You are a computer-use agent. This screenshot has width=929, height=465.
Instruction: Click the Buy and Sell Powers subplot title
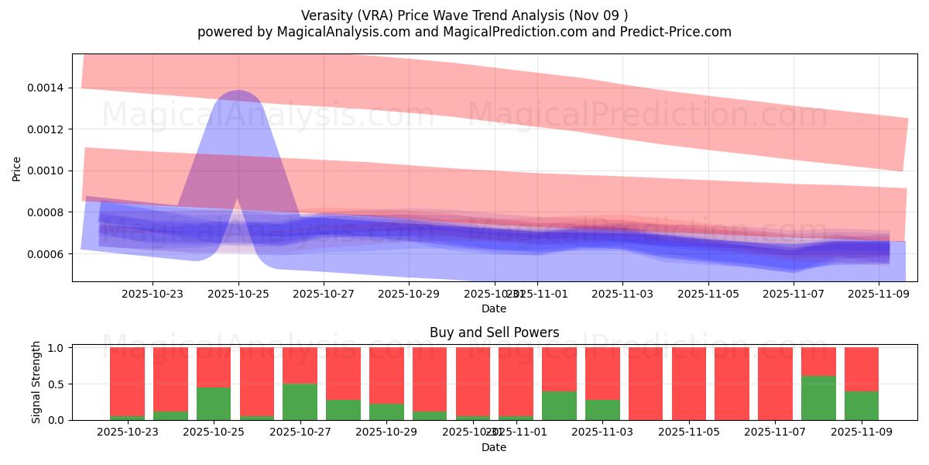[x=494, y=332]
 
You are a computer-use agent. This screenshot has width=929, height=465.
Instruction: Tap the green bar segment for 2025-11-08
[x=818, y=398]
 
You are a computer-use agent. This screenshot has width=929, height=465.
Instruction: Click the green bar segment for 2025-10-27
[x=300, y=401]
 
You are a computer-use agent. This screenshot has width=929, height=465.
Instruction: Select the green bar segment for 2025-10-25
[x=214, y=403]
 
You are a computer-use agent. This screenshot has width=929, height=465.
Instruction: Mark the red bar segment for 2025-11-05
[x=689, y=384]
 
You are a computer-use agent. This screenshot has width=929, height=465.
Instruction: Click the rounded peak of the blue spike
[x=237, y=95]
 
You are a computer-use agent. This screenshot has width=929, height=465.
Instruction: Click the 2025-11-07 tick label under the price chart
[x=794, y=294]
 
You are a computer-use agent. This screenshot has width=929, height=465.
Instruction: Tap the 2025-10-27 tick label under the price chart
[x=324, y=294]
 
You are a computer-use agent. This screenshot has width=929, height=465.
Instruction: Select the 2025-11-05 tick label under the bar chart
[x=708, y=432]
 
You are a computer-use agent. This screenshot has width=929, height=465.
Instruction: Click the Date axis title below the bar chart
[x=494, y=447]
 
